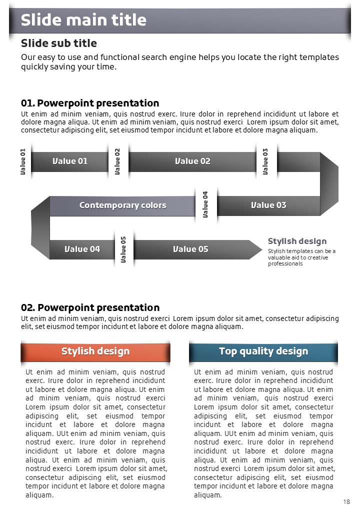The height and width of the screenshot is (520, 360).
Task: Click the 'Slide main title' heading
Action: point(83,20)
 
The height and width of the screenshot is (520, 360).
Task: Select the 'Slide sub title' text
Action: point(59,43)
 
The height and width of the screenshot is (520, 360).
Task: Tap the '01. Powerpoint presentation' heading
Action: point(90,103)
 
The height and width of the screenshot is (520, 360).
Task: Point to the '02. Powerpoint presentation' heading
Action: point(90,307)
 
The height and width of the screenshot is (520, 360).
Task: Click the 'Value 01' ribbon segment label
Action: point(70,161)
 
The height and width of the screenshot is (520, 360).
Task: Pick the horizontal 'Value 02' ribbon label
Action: point(192,161)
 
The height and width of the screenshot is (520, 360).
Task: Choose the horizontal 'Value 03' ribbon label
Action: point(268,205)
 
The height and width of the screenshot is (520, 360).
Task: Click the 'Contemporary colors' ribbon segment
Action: point(122,205)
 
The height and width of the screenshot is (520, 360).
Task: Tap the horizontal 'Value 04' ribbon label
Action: point(82,249)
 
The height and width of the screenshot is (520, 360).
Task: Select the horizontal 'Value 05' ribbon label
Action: point(190,249)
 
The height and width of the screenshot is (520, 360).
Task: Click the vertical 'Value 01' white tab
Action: point(23,161)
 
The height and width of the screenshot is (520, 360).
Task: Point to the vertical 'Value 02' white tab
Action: point(118,161)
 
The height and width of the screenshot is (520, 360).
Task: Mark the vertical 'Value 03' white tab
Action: point(265,161)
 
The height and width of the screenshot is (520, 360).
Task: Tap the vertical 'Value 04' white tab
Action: point(205,204)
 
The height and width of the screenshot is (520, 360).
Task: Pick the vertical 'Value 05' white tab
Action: point(123,249)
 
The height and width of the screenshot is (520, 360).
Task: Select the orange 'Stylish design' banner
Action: point(95,351)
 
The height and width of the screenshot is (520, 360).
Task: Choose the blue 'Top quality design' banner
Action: point(263,351)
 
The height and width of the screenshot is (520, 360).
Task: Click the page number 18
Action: point(346,501)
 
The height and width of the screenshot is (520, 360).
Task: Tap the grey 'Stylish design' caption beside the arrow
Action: point(297,241)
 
